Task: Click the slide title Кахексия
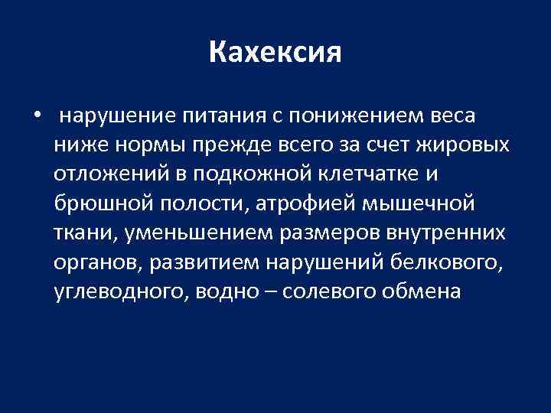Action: click(x=275, y=53)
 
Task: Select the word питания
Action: click(x=223, y=116)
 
